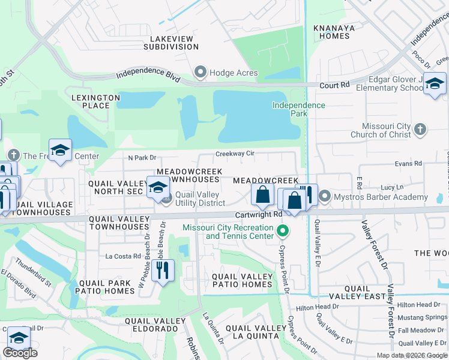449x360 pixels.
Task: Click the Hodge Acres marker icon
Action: (200, 73)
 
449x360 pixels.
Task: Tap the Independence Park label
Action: (298, 109)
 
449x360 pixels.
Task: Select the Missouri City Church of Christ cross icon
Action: (420, 129)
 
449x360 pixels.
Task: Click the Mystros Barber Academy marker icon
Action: (325, 196)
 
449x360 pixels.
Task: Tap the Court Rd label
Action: (334, 86)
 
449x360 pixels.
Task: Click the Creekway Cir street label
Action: (235, 154)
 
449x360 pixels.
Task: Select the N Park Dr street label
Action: (142, 158)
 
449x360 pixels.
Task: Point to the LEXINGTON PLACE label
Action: (91, 101)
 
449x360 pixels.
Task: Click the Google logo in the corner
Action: (20, 353)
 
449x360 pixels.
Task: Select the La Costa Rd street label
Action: (122, 256)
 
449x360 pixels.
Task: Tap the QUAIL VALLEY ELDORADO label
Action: (151, 325)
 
